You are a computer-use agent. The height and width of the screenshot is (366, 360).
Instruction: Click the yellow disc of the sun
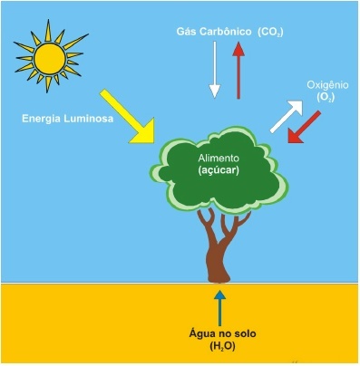[50, 59]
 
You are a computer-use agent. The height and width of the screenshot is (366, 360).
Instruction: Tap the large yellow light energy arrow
[129, 117]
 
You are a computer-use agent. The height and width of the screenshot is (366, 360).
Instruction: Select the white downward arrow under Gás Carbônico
[215, 70]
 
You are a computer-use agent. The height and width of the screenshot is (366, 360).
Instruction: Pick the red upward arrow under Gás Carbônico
[238, 70]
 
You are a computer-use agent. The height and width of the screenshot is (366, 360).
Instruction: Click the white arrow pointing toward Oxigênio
[287, 116]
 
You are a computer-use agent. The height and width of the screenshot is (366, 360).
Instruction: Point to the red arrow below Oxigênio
[304, 127]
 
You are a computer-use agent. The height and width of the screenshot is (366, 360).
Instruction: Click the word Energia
[42, 119]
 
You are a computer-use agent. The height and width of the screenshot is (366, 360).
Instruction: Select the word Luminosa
[89, 119]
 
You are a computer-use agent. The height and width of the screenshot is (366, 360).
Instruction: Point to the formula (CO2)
[270, 33]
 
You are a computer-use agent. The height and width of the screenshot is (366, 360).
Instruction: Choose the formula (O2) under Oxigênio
[326, 97]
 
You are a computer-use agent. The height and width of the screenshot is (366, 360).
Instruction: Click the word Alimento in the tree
[219, 158]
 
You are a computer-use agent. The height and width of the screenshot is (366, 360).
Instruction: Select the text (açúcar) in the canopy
[219, 170]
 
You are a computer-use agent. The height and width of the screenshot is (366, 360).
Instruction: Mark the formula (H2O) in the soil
[222, 346]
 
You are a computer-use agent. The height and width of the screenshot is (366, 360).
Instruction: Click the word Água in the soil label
[201, 333]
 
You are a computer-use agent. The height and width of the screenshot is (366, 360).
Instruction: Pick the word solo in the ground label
[245, 333]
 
